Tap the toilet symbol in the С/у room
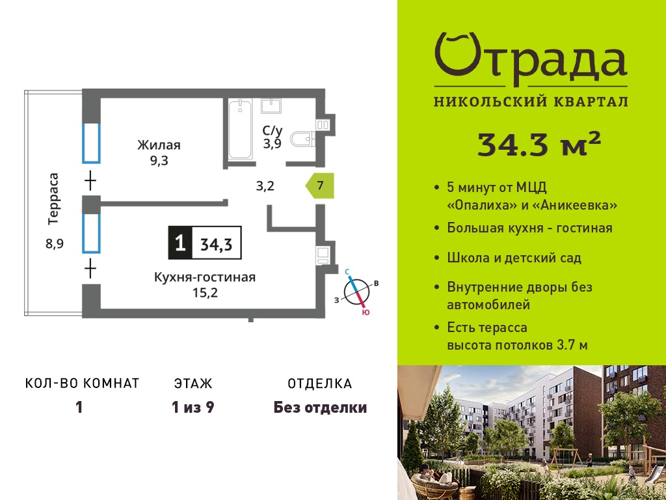click(x=303, y=139)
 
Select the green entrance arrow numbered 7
click(x=320, y=186)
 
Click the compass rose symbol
click(x=357, y=292)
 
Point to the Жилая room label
click(x=159, y=145)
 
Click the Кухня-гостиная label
click(x=205, y=277)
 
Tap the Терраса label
click(x=53, y=199)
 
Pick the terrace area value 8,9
click(x=55, y=244)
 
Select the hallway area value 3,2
click(x=265, y=186)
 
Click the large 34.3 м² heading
click(x=539, y=144)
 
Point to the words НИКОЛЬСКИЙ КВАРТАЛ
click(x=531, y=102)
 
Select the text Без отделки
click(x=320, y=408)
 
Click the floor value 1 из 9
click(x=193, y=408)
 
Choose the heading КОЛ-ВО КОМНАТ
click(x=83, y=383)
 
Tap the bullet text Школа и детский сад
click(x=514, y=258)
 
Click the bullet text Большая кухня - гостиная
click(x=529, y=229)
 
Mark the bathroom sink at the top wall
click(x=271, y=105)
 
